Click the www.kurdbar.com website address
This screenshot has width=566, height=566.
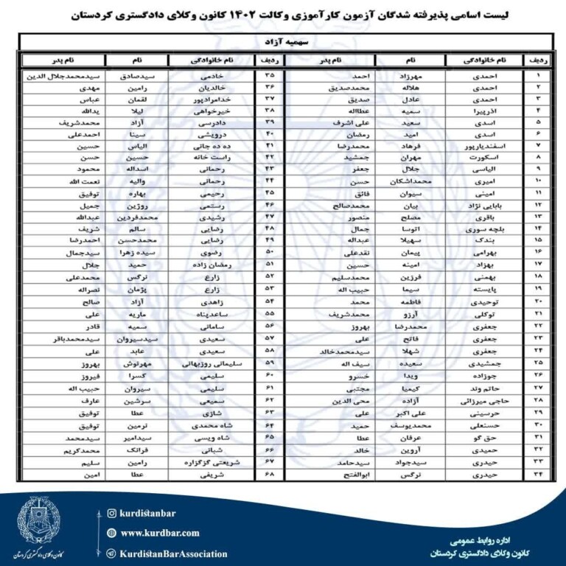coord(160,533)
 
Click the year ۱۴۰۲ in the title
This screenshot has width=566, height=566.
coord(301,14)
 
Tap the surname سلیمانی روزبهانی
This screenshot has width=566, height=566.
coord(211,363)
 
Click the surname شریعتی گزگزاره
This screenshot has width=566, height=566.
coord(211,462)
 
